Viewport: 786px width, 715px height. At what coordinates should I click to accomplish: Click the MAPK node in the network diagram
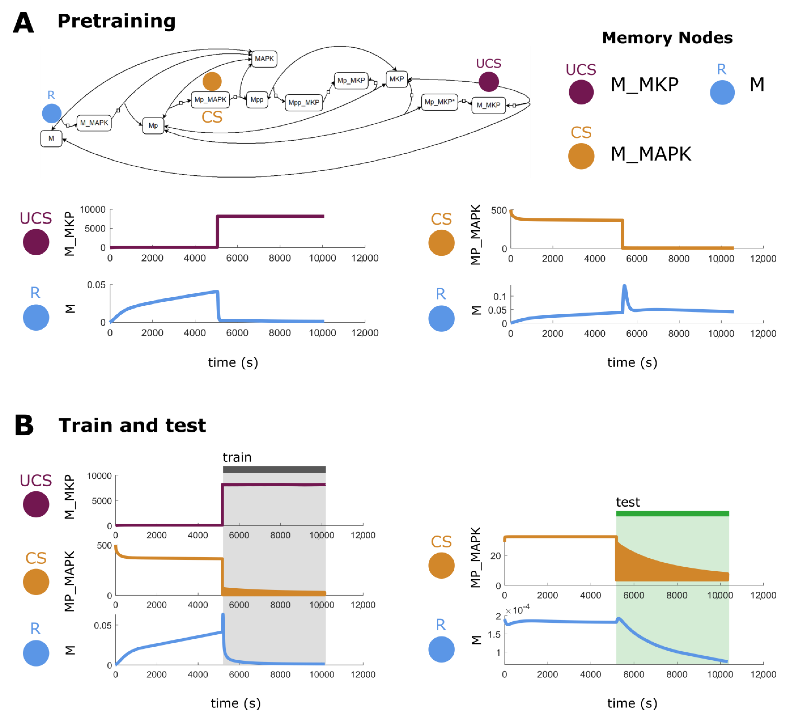(264, 59)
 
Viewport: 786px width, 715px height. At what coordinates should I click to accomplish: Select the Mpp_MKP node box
(304, 103)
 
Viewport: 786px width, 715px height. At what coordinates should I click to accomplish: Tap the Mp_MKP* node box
(439, 102)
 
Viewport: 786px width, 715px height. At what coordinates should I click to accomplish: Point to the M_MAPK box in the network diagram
(94, 123)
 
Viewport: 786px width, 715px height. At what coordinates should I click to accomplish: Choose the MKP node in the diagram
(397, 79)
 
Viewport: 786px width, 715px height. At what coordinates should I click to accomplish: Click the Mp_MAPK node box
(210, 100)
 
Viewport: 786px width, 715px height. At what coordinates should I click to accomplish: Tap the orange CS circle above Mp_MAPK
(212, 82)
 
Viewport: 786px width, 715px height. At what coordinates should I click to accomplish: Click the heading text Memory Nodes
(667, 38)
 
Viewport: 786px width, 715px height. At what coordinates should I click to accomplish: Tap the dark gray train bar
(274, 470)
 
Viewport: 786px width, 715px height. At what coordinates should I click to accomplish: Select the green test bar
(672, 514)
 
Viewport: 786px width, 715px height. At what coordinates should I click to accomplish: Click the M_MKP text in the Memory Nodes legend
(644, 85)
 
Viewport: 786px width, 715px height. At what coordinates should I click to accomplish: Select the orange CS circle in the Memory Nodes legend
(581, 156)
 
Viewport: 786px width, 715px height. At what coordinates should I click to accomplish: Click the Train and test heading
(132, 425)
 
